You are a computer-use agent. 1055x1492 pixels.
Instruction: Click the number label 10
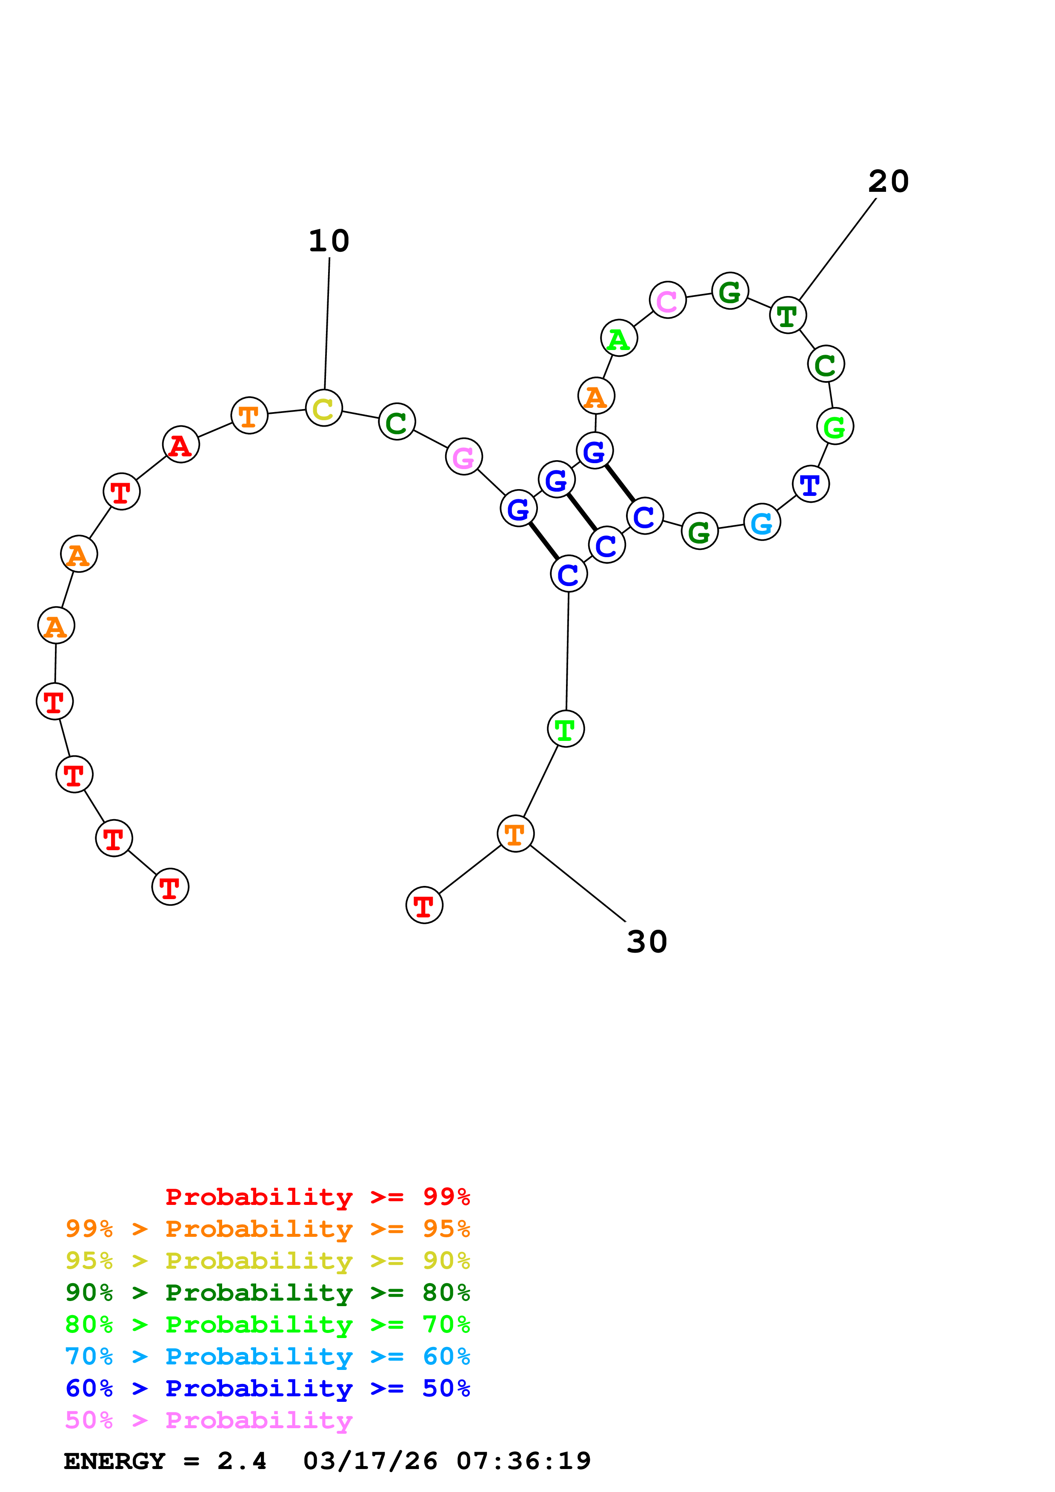coord(329,241)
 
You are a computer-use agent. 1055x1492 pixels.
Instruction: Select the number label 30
coord(647,942)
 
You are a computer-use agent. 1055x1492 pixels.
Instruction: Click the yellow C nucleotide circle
coord(324,408)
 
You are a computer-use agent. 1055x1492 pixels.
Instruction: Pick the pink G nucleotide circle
coord(463,457)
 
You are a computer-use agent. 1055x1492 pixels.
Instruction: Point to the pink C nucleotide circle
coord(668,300)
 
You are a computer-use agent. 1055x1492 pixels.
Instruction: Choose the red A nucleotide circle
coord(181,445)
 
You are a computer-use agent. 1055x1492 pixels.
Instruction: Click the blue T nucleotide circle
coord(811,484)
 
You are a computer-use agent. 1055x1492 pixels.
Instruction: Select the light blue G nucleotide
coord(762,522)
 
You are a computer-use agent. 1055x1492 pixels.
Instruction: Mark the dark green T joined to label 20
coord(788,316)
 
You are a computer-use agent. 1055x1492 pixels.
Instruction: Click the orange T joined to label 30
coord(515,834)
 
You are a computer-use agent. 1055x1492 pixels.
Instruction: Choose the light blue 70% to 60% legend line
coord(267,1356)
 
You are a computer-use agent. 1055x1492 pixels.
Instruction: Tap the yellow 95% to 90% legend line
coord(267,1261)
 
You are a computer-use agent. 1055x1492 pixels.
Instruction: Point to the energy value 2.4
coord(242,1461)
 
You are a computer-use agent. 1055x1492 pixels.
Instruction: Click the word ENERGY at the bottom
coord(114,1461)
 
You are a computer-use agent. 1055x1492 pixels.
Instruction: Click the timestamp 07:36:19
coord(523,1461)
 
